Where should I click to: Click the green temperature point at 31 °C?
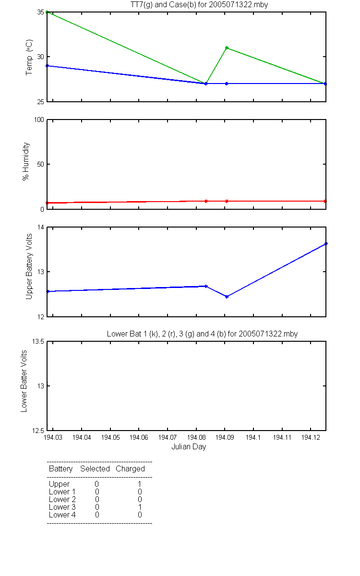point(227,48)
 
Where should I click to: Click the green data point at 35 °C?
point(47,12)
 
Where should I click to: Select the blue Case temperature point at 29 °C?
point(47,66)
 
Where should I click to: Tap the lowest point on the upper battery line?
point(227,297)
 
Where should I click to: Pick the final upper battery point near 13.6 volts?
point(326,244)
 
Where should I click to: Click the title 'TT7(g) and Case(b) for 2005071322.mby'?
point(199,5)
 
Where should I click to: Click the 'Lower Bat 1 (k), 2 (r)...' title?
point(202,334)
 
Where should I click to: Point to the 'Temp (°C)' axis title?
point(29,57)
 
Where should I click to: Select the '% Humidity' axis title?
point(26,161)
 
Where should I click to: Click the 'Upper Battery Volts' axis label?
point(29,266)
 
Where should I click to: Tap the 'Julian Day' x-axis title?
point(189,447)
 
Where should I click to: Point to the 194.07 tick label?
point(168,437)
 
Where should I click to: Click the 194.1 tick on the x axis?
point(253,437)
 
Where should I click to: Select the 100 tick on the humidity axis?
point(39,120)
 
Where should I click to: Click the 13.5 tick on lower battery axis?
point(38,341)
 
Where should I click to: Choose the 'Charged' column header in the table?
point(130,469)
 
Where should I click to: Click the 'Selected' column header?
point(95,468)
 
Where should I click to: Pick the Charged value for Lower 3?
point(140,507)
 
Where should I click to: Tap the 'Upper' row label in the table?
point(59,484)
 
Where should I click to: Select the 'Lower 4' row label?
point(62,515)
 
